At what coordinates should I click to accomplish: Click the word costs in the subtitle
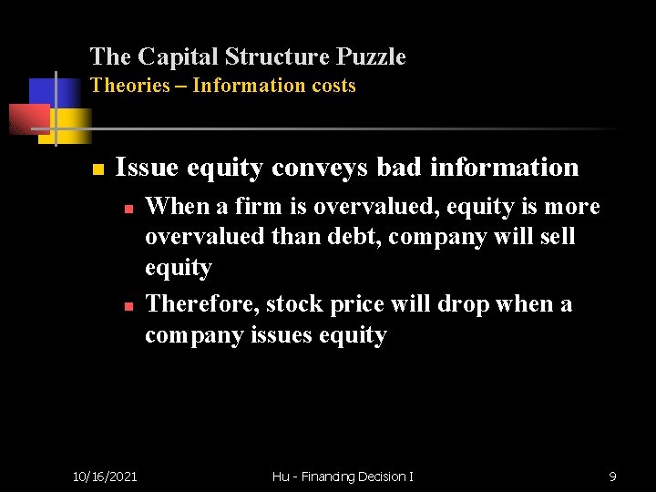coord(331,86)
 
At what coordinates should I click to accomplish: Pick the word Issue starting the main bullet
coord(147,168)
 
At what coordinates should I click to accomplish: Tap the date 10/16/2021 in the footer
coord(105,476)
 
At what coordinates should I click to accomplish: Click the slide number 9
coord(612,476)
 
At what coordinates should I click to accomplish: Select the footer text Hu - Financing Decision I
coord(343,476)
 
